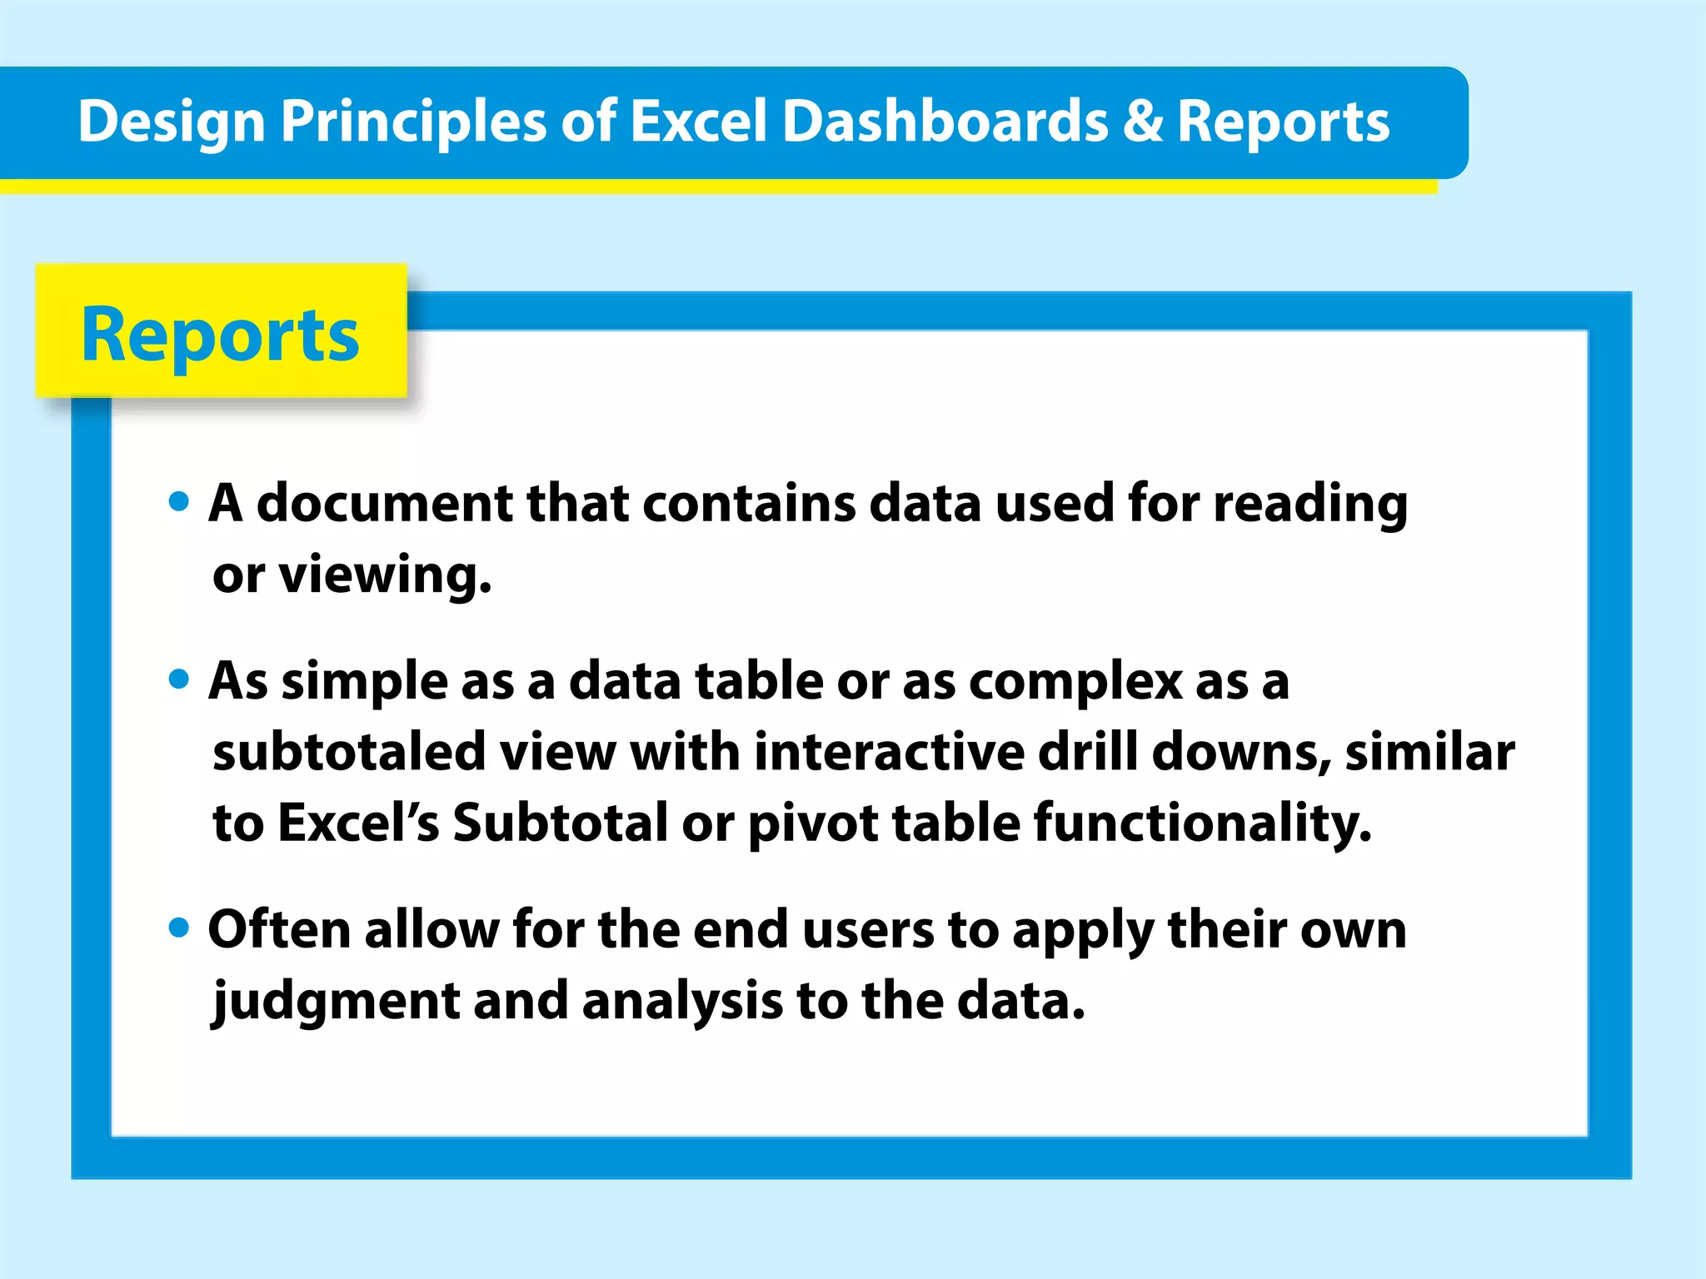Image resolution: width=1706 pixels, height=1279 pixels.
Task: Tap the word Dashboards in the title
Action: [945, 122]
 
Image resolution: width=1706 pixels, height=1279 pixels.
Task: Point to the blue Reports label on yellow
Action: [220, 335]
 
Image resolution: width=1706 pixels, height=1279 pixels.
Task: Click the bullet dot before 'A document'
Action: [178, 501]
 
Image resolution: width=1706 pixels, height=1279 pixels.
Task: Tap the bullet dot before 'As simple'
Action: [178, 679]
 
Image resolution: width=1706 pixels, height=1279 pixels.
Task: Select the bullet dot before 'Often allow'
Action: [178, 927]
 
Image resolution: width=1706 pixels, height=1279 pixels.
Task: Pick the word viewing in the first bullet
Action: [385, 575]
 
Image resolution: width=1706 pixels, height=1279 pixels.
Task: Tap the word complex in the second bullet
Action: [1075, 681]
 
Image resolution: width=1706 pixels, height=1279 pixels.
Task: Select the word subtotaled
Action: [349, 752]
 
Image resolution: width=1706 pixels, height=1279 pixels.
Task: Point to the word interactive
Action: [889, 752]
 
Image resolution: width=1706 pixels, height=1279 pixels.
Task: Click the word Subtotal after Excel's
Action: [560, 823]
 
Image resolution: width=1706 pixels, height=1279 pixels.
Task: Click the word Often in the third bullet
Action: [279, 929]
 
